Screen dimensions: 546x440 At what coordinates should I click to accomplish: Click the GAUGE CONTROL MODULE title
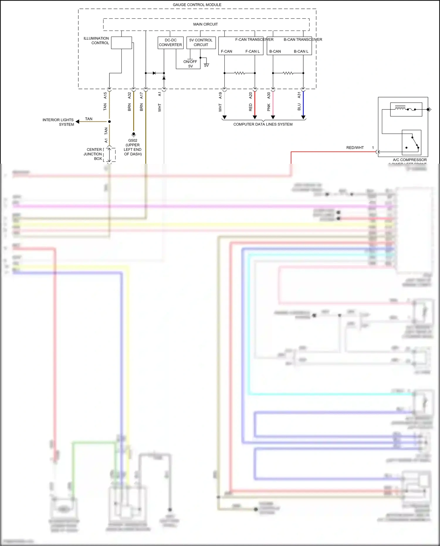tap(197, 5)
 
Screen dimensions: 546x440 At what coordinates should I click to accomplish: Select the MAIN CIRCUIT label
tap(205, 24)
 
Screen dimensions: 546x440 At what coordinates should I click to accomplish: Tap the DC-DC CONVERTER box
tap(170, 43)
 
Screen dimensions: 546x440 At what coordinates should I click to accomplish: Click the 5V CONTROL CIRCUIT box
tap(201, 43)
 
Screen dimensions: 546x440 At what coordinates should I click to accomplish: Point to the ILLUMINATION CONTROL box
tap(121, 43)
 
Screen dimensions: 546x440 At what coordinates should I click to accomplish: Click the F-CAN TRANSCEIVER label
tap(254, 40)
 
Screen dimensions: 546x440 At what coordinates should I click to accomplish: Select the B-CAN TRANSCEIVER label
tap(303, 40)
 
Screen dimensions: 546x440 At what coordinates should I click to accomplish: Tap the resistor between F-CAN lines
tap(240, 73)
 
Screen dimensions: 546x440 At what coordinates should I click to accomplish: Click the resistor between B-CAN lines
tap(288, 73)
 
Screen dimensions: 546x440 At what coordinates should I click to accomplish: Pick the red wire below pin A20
tap(255, 104)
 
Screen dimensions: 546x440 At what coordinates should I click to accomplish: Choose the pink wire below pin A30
tap(273, 104)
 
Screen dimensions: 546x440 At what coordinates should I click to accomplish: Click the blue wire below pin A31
tap(303, 104)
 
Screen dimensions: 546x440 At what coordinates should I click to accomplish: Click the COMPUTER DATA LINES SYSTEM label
tap(263, 124)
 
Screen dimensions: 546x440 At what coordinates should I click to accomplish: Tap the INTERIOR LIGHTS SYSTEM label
tap(58, 122)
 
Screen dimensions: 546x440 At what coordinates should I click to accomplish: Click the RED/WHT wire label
tap(355, 148)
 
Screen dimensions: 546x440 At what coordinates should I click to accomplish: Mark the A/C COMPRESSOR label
tap(410, 160)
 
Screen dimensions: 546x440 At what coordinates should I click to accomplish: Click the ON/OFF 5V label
tap(190, 64)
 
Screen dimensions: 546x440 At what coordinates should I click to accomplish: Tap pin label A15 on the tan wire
tap(105, 95)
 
